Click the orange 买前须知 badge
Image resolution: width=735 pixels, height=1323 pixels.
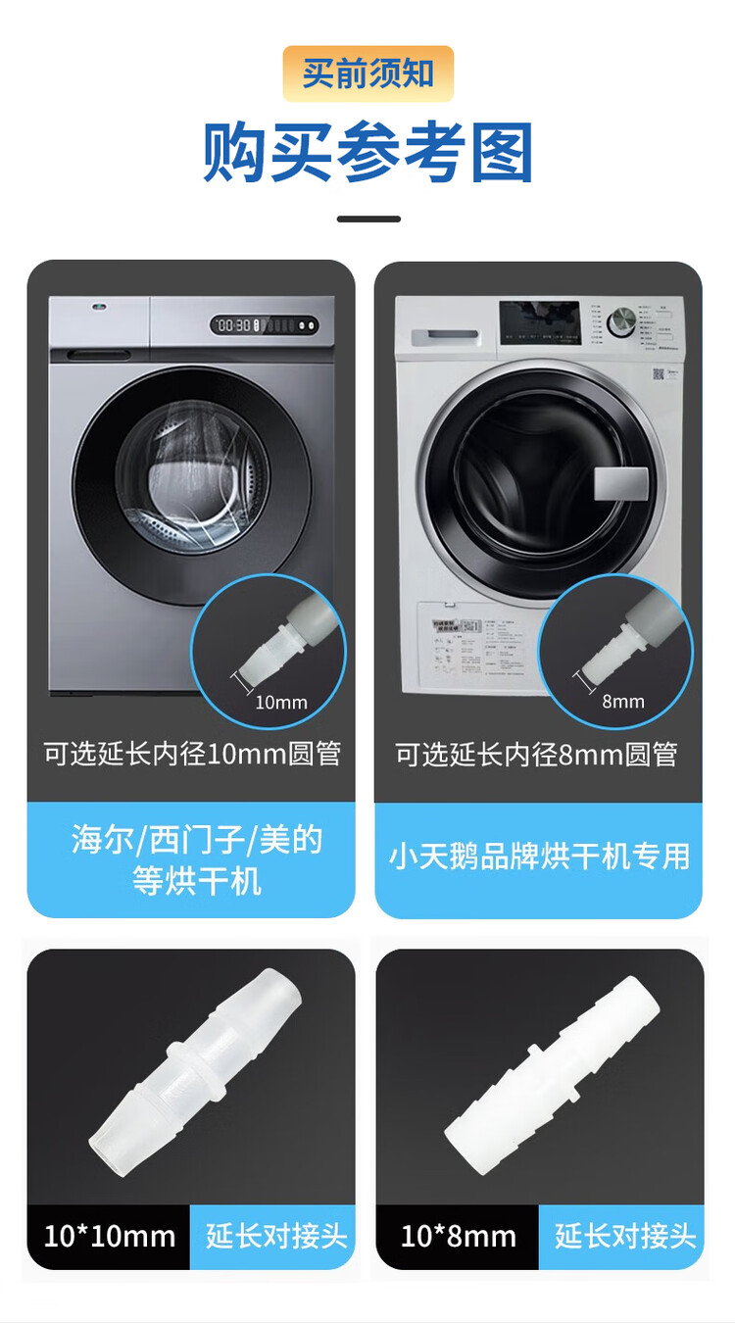point(367,73)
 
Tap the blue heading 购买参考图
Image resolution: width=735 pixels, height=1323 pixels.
point(367,153)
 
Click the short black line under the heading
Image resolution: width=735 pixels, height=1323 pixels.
point(368,219)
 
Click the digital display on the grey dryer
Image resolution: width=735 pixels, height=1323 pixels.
point(264,325)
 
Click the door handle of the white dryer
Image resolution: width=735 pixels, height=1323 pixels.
point(621,485)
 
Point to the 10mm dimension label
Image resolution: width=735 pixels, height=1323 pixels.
point(281,702)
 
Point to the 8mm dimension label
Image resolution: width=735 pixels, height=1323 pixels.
point(623,701)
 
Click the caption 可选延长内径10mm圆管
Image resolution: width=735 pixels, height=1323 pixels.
point(192,754)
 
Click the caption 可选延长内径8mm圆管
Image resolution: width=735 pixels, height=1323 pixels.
point(537,754)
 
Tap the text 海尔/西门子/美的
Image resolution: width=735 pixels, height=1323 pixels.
point(197,840)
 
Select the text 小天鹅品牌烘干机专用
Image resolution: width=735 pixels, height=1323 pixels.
point(539,857)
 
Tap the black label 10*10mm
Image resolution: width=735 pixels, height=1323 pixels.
point(109,1236)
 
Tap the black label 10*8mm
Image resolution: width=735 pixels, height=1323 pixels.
point(458,1237)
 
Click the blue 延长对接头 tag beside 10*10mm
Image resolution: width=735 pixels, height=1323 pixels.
point(275,1236)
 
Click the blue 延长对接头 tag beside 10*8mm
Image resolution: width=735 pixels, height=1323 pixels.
point(624,1237)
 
